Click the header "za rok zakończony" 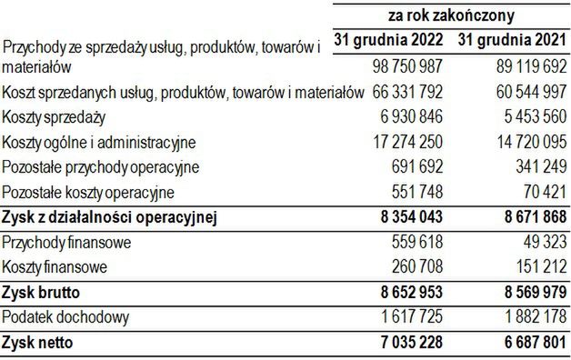(x=450, y=15)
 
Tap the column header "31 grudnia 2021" (x=513, y=42)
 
